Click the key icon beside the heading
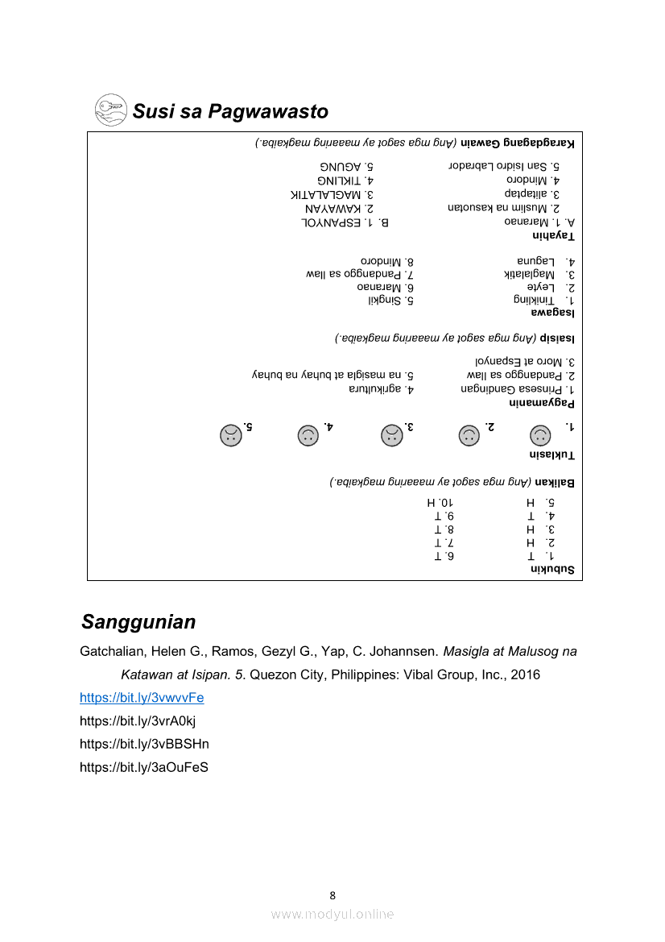click(110, 110)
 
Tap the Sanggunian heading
click(138, 622)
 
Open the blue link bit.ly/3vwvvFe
click(142, 698)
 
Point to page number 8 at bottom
click(332, 894)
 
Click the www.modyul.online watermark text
click(332, 914)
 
